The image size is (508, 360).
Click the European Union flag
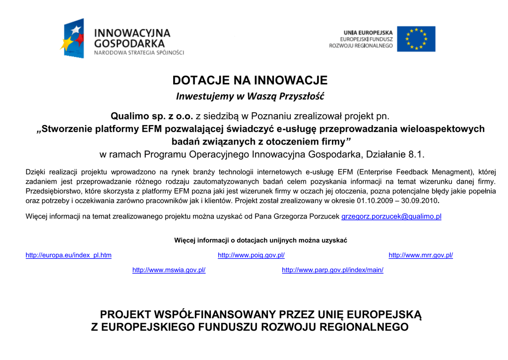[x=416, y=39]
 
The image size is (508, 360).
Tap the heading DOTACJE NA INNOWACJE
[x=250, y=80]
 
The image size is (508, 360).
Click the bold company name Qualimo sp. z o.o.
[x=151, y=117]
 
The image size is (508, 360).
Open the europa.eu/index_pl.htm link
[x=68, y=255]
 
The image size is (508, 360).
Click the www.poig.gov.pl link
[x=251, y=255]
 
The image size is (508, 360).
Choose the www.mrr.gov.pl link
[x=421, y=255]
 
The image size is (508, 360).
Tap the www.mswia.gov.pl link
[x=169, y=270]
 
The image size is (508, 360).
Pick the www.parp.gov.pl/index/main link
[x=332, y=270]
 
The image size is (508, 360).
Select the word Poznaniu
[x=271, y=117]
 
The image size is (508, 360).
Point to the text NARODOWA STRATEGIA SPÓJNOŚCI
[x=139, y=52]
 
